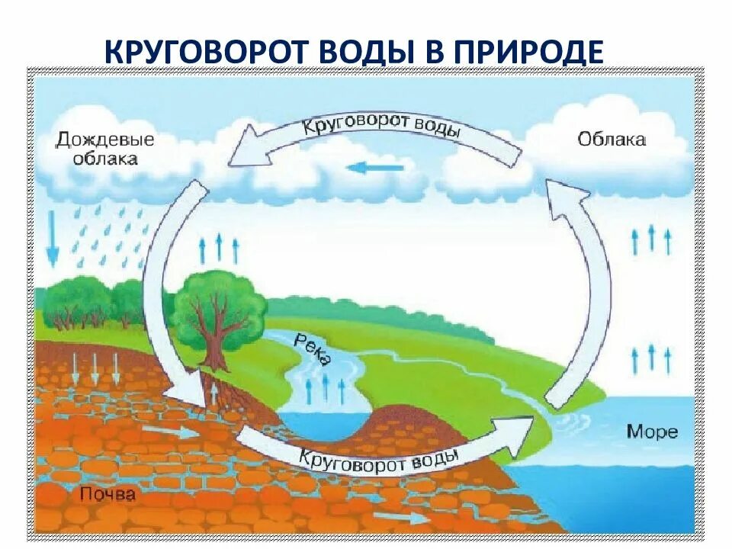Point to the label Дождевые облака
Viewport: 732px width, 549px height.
pos(104,149)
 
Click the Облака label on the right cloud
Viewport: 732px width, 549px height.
pos(612,140)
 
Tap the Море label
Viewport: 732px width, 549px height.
pos(652,432)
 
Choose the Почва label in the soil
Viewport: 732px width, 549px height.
pos(108,495)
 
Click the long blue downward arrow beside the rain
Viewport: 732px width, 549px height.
pos(52,236)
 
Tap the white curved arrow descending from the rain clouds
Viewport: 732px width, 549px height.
pos(164,297)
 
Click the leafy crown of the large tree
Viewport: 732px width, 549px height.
pos(219,305)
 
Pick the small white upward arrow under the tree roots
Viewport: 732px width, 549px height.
pos(214,392)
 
